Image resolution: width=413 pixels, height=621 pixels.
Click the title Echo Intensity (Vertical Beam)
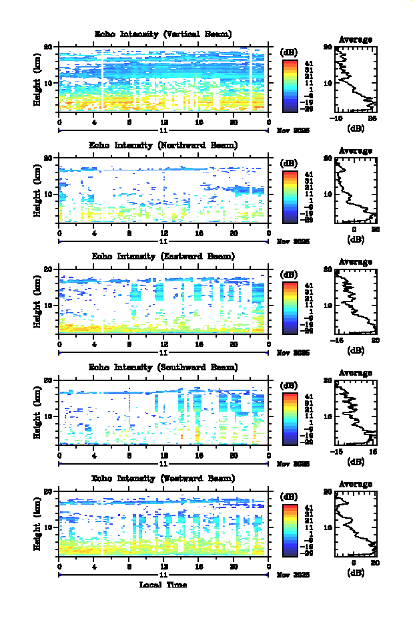[163, 34]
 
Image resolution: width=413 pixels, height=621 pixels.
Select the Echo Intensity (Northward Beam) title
[163, 145]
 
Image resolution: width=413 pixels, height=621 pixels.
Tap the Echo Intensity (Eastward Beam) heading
[163, 256]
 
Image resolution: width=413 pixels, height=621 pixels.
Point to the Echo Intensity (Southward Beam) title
[163, 367]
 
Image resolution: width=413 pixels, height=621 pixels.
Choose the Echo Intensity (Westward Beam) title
[163, 478]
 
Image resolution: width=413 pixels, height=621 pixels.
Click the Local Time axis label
[163, 585]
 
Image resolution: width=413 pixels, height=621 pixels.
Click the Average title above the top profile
[356, 39]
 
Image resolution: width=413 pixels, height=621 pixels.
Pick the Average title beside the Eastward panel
[356, 261]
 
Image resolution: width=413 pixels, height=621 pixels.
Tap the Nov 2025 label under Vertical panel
[293, 131]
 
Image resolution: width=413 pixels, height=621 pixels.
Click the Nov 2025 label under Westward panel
[293, 575]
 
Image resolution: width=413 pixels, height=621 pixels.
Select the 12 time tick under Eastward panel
[163, 345]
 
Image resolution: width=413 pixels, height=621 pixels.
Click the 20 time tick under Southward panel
[234, 456]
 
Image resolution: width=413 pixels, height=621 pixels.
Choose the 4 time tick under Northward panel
[94, 234]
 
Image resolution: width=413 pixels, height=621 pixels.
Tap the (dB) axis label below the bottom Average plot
[356, 572]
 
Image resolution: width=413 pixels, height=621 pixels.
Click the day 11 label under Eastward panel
[163, 352]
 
